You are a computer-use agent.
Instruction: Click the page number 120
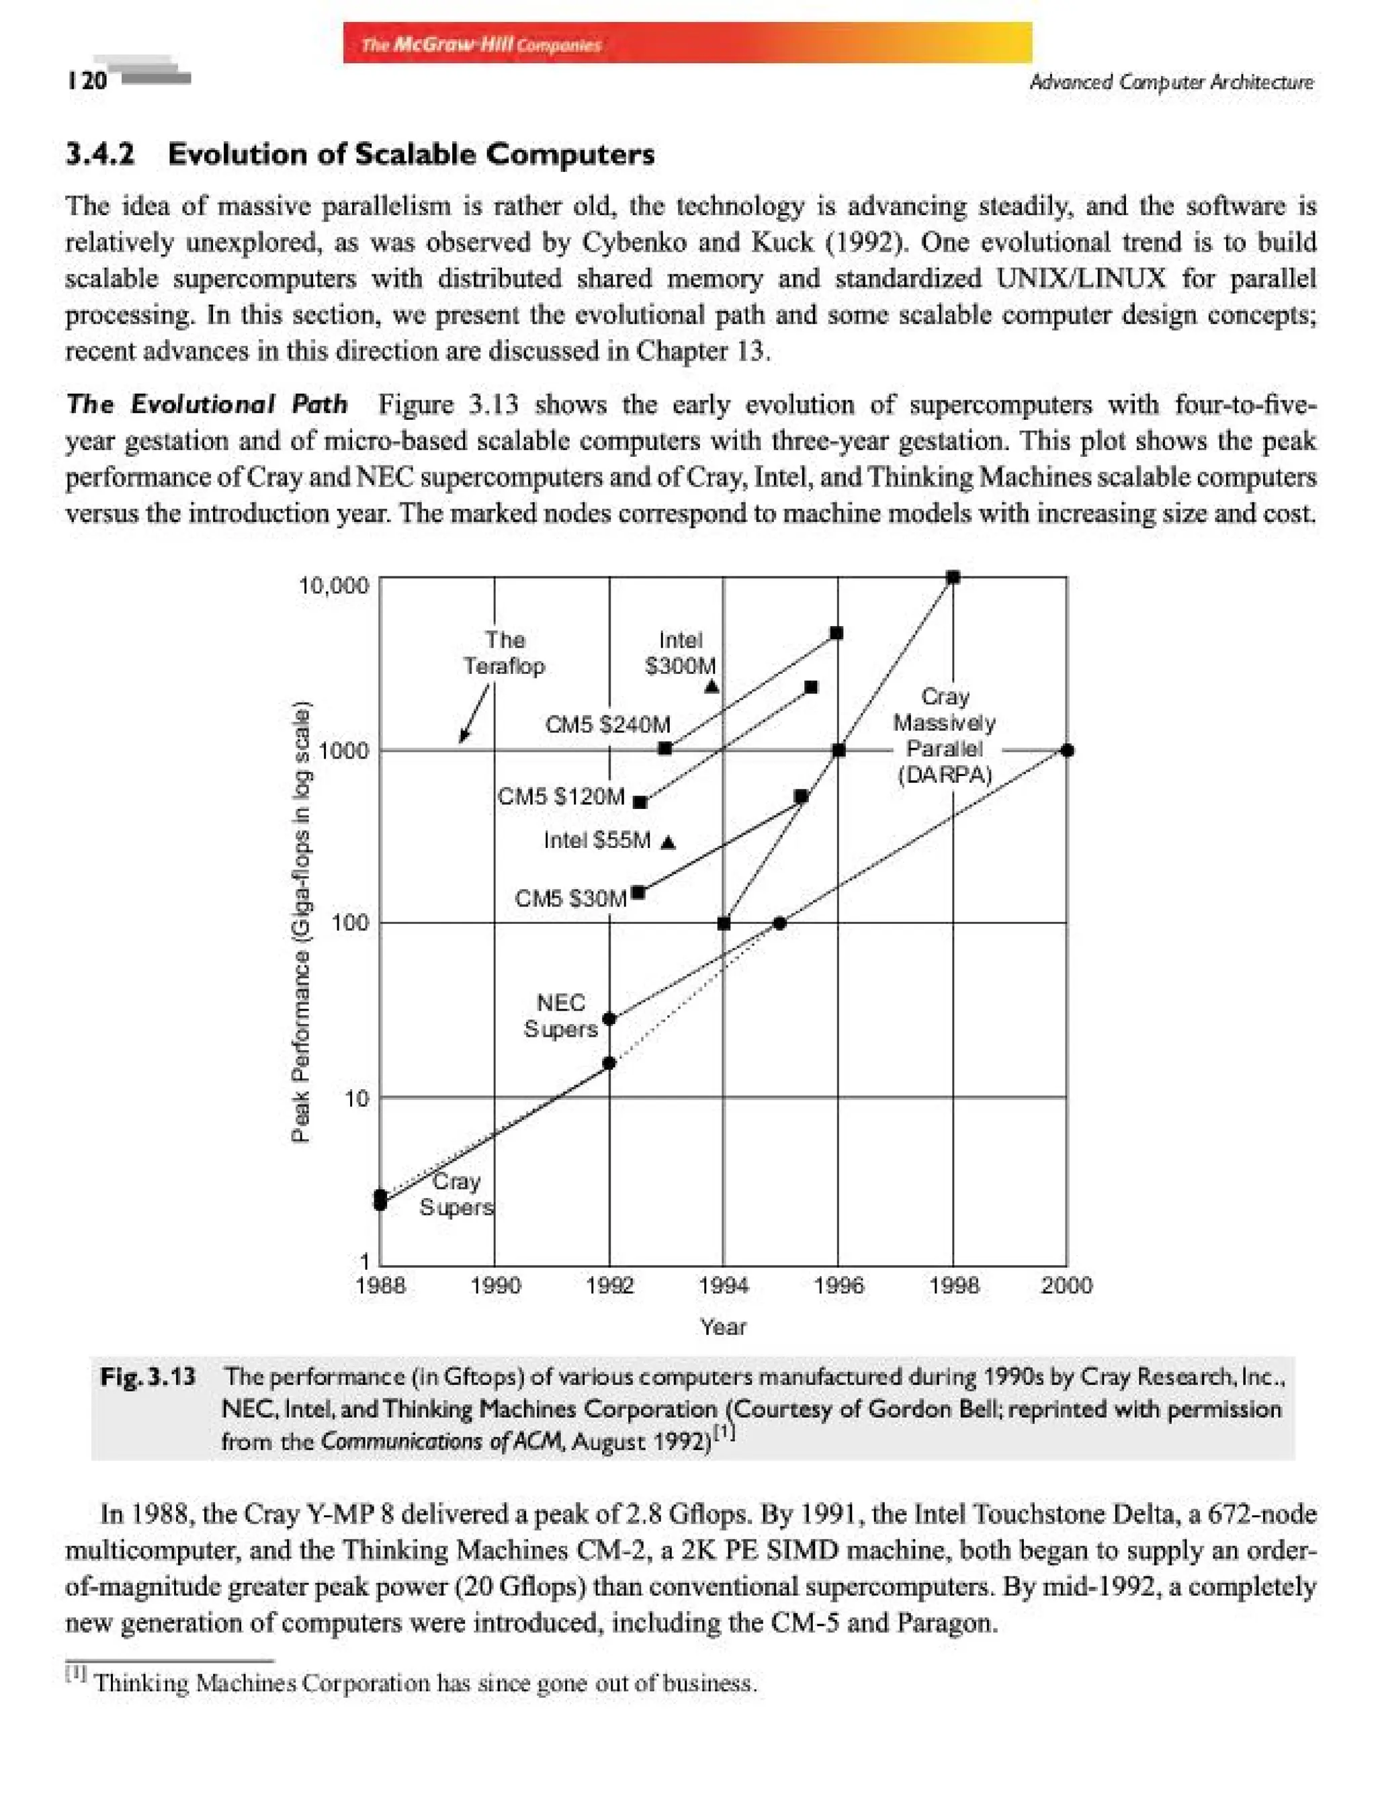pos(87,80)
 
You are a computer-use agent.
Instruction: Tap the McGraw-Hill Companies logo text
pos(481,44)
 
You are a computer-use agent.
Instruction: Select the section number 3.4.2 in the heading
pos(100,154)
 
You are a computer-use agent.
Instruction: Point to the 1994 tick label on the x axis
pos(723,1285)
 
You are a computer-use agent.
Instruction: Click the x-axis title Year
pos(722,1327)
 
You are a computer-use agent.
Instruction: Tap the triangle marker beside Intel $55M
pos(669,842)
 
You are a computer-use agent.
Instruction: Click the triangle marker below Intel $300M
pos(712,687)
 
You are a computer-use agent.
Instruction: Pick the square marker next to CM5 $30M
pos(639,892)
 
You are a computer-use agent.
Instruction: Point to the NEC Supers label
pos(560,1016)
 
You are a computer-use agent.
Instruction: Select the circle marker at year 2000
pos(1066,751)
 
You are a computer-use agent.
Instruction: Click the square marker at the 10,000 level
pos(953,577)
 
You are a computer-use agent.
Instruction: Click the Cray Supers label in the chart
pos(456,1194)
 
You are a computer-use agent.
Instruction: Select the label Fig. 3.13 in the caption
pos(147,1376)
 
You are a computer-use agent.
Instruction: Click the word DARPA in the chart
pos(945,775)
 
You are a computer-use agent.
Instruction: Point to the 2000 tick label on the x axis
pos(1066,1285)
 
